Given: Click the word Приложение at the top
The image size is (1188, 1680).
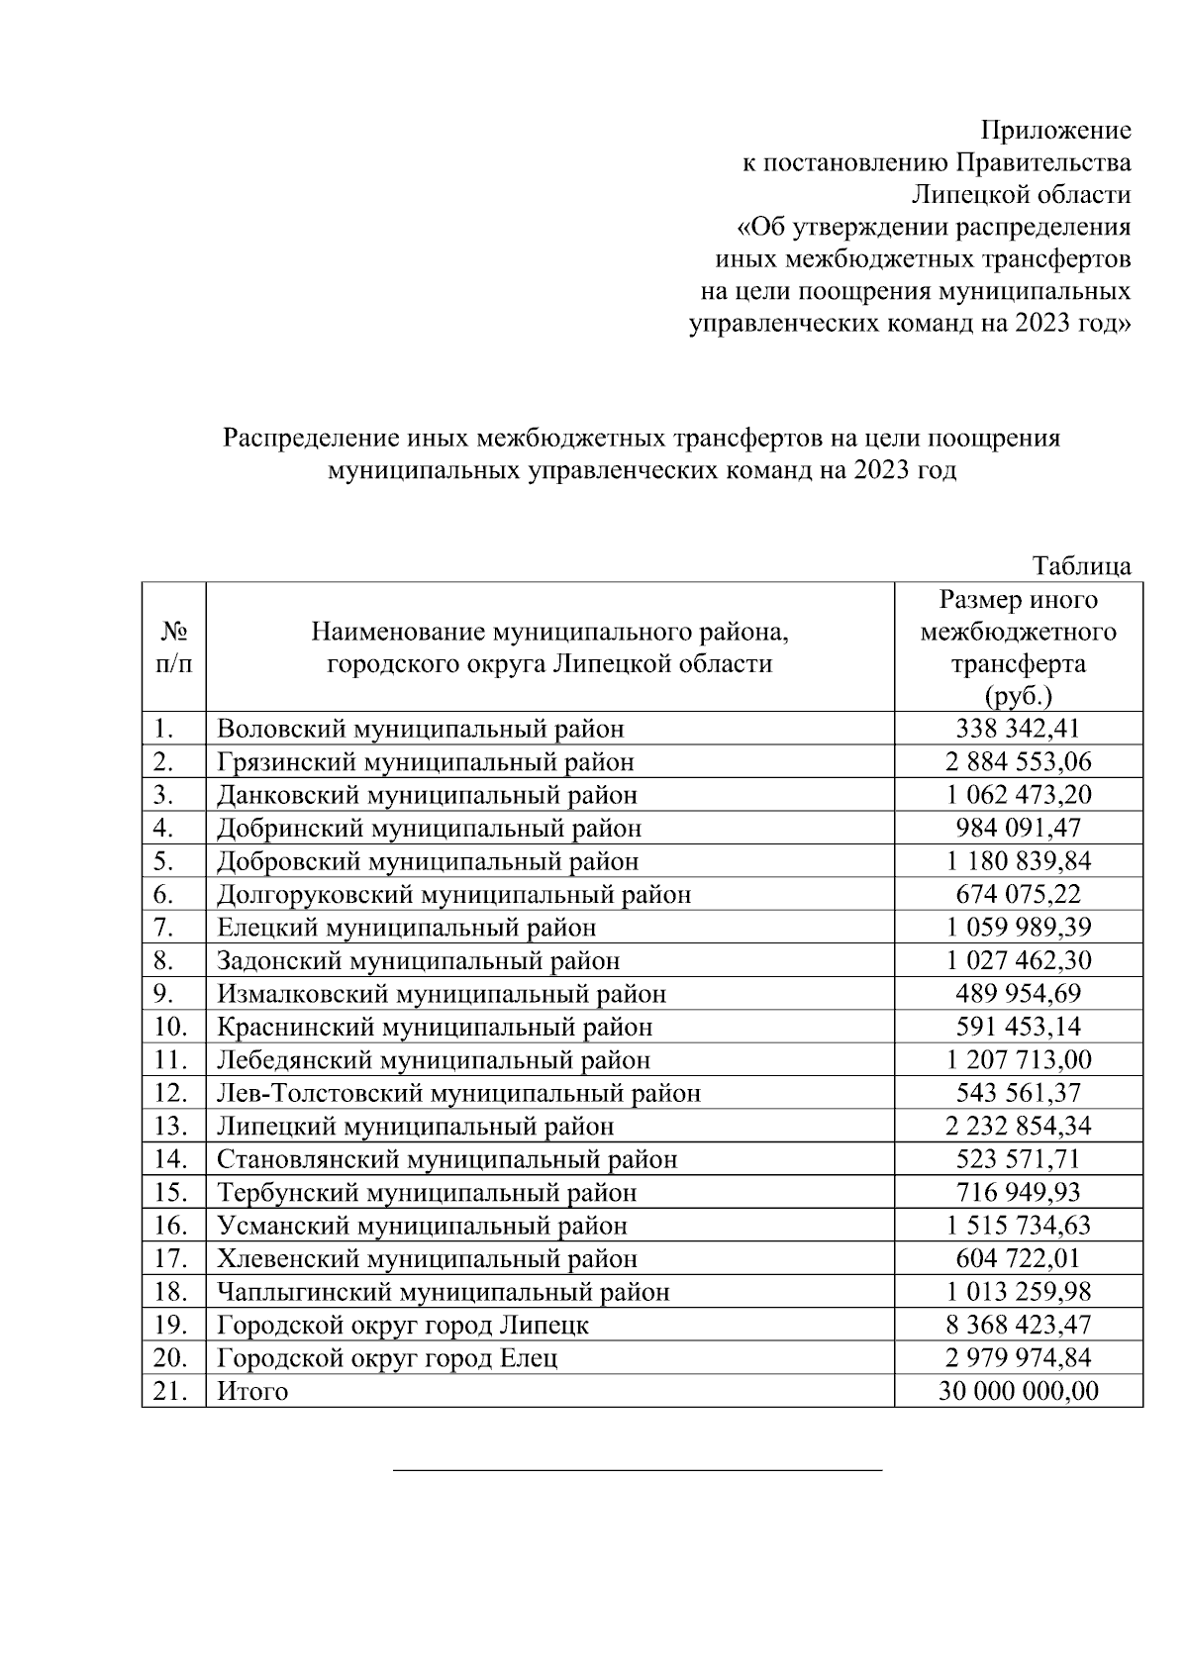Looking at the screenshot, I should [x=1055, y=130].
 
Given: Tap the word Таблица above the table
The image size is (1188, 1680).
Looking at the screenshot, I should [x=1081, y=565].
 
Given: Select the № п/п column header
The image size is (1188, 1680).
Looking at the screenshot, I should [x=173, y=646].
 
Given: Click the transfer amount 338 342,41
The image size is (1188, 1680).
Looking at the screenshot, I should [x=1018, y=729].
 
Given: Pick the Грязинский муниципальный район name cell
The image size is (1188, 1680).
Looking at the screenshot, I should [x=425, y=761].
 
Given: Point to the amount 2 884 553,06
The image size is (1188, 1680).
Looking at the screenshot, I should [x=1018, y=761].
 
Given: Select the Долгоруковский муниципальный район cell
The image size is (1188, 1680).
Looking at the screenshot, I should [x=453, y=895].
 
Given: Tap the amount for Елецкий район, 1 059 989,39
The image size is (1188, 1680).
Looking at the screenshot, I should [x=1018, y=928].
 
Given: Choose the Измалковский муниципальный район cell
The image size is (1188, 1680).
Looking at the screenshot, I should [x=442, y=994].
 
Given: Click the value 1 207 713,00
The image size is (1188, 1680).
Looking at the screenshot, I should [x=1018, y=1060].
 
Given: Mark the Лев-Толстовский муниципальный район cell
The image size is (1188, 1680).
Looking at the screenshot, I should [x=458, y=1093].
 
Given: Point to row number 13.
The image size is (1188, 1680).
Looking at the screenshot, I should [x=170, y=1127].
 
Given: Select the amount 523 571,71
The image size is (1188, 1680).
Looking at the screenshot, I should [x=1018, y=1159].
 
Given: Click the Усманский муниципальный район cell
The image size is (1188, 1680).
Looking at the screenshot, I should [x=422, y=1226].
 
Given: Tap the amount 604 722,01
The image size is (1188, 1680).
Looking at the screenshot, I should [x=1018, y=1258].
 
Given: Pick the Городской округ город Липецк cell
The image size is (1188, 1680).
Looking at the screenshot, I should [x=403, y=1325].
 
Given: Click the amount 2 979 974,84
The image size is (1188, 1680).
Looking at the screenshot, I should [x=1018, y=1357].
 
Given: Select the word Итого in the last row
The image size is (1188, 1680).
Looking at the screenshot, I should [x=252, y=1391].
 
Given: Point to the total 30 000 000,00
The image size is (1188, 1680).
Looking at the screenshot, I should [x=1018, y=1391].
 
